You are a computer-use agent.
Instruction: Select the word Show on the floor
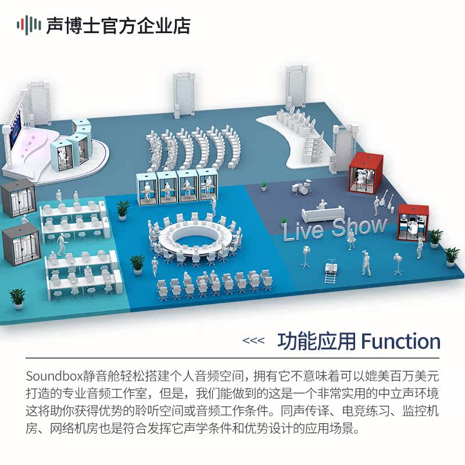[359, 225]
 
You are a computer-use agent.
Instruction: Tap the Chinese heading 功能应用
[316, 341]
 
